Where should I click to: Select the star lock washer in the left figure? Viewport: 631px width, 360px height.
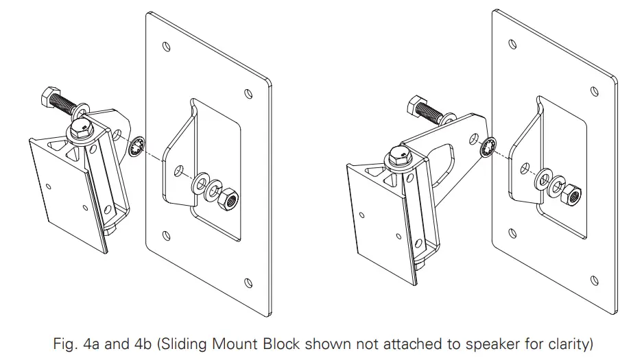(137, 147)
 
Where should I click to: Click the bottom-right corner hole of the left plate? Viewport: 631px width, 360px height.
(249, 281)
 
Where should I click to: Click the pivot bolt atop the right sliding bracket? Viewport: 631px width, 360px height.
(398, 156)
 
